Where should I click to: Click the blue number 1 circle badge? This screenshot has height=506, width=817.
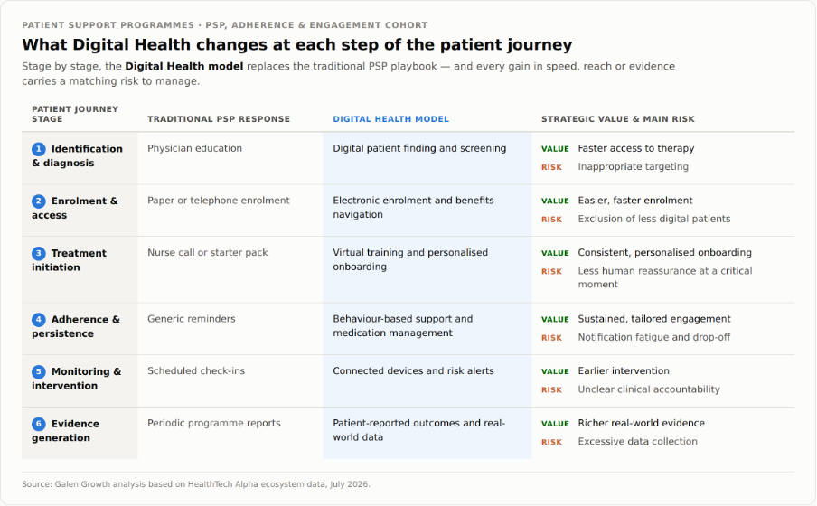click(39, 149)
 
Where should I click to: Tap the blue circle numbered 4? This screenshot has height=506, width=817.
click(39, 320)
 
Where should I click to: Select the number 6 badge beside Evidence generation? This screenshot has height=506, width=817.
click(39, 424)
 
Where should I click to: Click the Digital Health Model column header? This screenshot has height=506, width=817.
click(390, 119)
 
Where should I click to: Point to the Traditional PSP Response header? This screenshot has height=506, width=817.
click(219, 119)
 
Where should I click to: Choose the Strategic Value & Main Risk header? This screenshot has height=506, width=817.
click(618, 119)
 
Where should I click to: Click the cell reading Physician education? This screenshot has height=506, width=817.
click(195, 148)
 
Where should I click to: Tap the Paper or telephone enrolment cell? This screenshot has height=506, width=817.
click(219, 201)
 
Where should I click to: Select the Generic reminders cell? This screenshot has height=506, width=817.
click(192, 319)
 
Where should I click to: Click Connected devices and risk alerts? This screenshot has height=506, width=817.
click(413, 371)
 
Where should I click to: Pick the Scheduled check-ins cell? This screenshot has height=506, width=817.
click(196, 371)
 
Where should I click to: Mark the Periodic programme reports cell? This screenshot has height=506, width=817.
click(213, 423)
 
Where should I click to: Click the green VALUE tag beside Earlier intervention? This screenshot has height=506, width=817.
click(555, 371)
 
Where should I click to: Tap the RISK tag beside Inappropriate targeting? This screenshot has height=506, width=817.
click(551, 167)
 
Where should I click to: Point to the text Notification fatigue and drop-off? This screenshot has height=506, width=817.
click(654, 337)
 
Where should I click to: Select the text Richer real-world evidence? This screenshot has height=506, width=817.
click(641, 423)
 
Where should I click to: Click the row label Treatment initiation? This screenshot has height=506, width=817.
click(69, 260)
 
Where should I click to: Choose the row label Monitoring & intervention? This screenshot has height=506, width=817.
click(76, 379)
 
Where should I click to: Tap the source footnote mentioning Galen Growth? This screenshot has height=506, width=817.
click(196, 484)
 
